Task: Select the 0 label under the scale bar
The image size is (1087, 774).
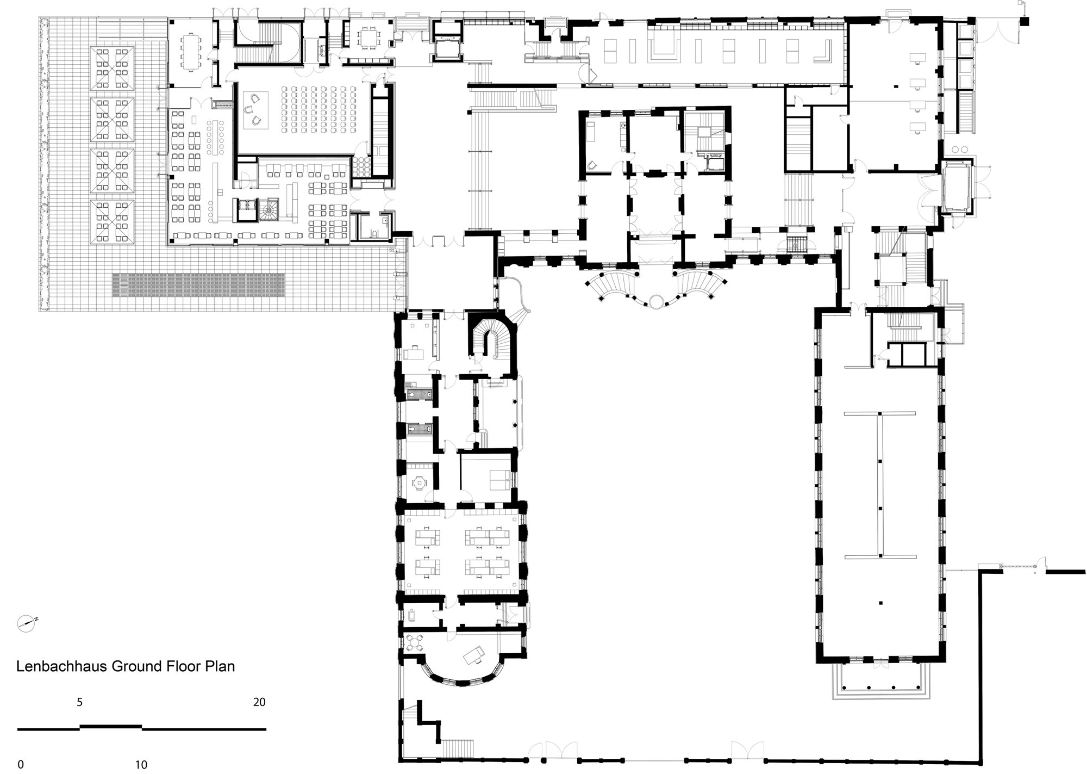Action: (21, 764)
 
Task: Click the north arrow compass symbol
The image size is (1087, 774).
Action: (27, 623)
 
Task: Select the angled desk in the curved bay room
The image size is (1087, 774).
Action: (473, 656)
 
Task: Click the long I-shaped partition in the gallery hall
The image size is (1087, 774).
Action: (880, 484)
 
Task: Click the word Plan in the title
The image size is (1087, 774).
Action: (218, 666)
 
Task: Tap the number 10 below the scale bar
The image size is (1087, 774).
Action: (141, 764)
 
